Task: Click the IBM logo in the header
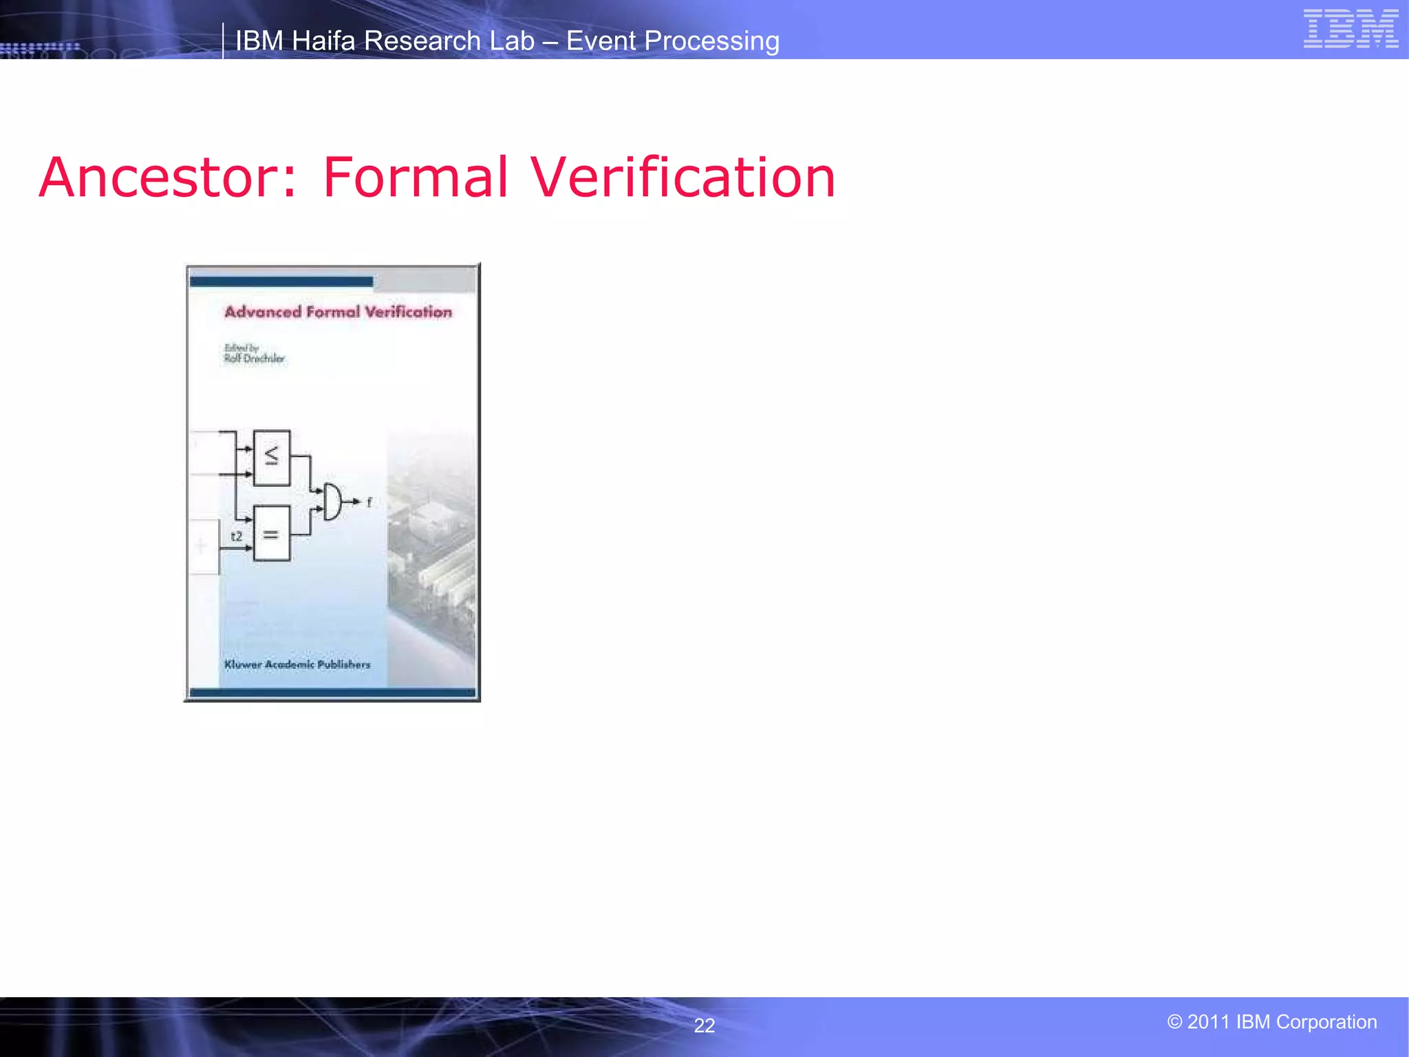pyautogui.click(x=1351, y=29)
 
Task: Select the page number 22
pyautogui.click(x=704, y=1025)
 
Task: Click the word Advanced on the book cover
pyautogui.click(x=263, y=312)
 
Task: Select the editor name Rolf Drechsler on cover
pyautogui.click(x=254, y=359)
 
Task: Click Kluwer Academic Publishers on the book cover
pyautogui.click(x=297, y=664)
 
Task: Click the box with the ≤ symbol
pyautogui.click(x=272, y=458)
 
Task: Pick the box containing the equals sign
pyautogui.click(x=272, y=533)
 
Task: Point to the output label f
pyautogui.click(x=369, y=502)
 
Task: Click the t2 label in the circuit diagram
pyautogui.click(x=237, y=536)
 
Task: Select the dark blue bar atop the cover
pyautogui.click(x=281, y=281)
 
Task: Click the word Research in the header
pyautogui.click(x=423, y=41)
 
